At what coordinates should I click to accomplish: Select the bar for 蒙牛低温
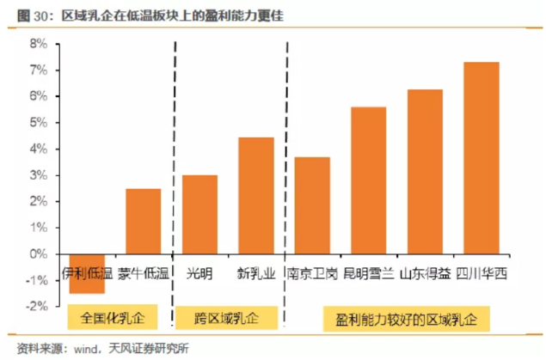point(143,221)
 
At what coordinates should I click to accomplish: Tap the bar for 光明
point(199,214)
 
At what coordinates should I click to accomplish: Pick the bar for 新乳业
point(255,195)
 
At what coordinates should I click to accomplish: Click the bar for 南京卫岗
point(312,205)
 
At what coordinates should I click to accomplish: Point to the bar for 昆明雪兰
point(369,180)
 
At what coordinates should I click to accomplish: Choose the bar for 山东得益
point(425,171)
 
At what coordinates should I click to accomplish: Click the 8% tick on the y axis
point(39,43)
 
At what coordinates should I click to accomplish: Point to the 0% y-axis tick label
point(39,254)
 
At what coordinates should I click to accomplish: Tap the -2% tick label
point(36,307)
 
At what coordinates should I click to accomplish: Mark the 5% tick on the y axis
point(39,122)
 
